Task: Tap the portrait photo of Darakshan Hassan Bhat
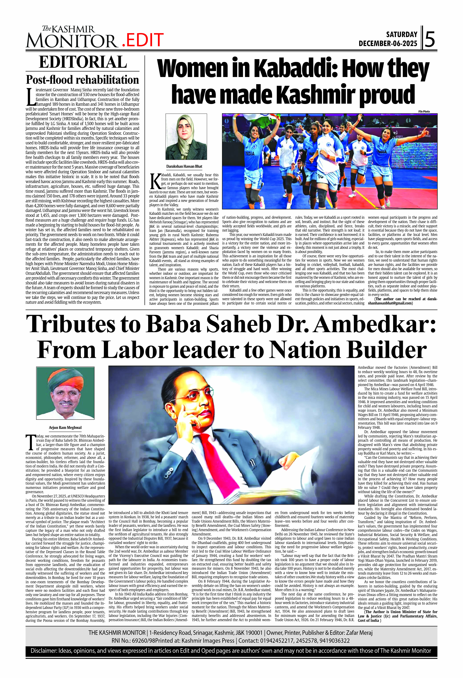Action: tap(186, 137)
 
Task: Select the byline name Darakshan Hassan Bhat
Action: tap(184, 166)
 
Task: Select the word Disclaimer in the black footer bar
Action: tap(43, 651)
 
